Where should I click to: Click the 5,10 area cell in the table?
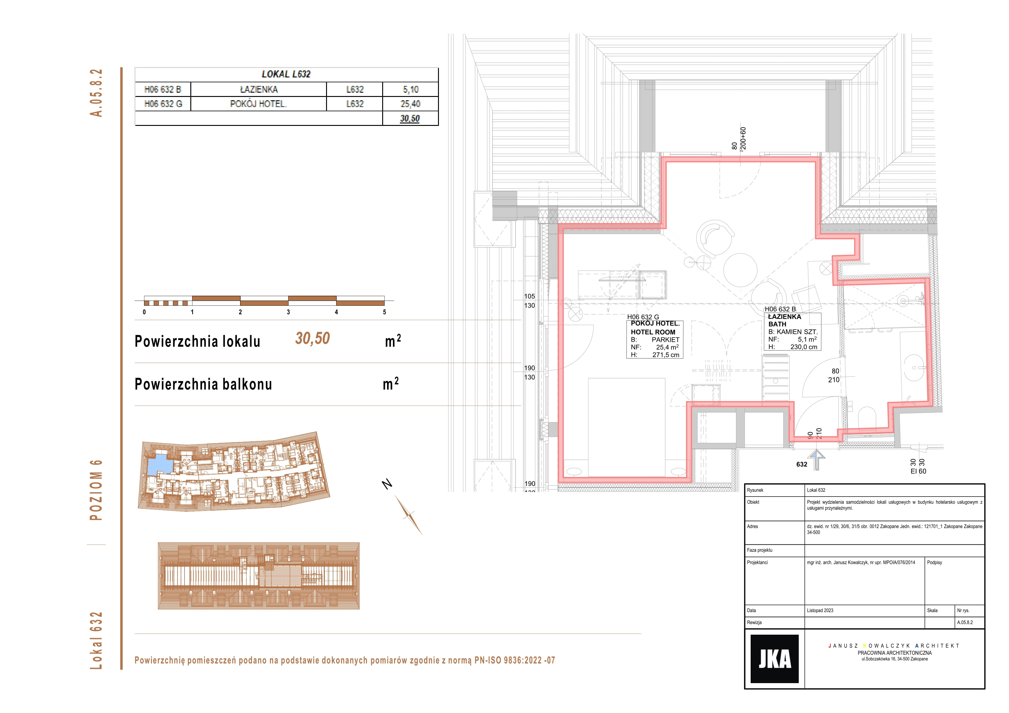411,90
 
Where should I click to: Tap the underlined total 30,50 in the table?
410,118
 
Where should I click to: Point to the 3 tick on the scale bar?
288,312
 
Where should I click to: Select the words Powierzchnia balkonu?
203,384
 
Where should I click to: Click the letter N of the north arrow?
387,484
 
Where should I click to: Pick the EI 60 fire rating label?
918,471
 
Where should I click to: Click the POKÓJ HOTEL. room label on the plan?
655,323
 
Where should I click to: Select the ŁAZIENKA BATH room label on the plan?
785,320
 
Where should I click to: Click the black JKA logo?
774,658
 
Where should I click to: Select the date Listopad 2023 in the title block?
820,610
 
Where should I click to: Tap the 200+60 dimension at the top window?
743,139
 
